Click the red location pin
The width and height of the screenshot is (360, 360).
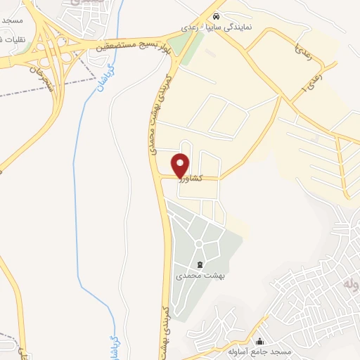(181, 165)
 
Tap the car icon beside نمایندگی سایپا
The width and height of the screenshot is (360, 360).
(217, 15)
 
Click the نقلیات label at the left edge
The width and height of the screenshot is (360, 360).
(13, 39)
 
